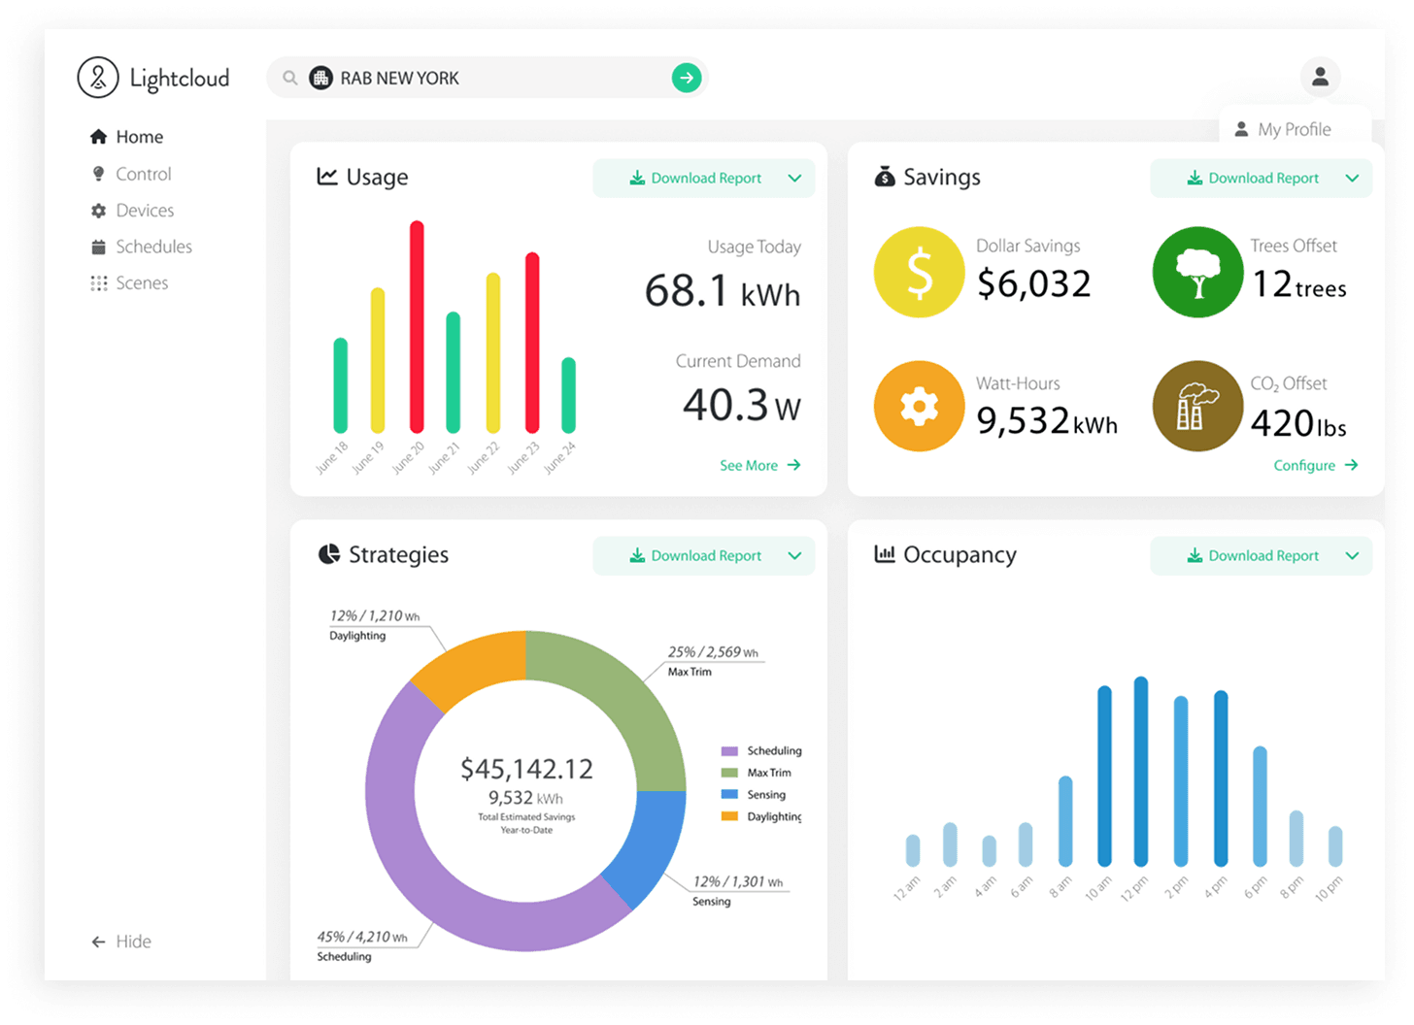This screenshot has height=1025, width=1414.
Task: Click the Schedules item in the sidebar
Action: click(152, 247)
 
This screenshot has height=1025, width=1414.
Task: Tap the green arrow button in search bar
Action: click(687, 78)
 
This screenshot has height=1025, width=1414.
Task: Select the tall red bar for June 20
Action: click(417, 326)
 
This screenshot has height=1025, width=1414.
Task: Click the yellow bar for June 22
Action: click(493, 352)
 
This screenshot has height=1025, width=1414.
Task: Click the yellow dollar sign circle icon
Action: click(919, 272)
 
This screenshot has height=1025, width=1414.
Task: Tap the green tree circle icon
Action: click(1197, 272)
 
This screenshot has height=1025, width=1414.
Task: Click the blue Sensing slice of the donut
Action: click(645, 846)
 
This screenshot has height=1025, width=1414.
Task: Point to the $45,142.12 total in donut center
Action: click(526, 769)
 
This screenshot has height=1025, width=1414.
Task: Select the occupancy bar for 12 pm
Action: click(1141, 772)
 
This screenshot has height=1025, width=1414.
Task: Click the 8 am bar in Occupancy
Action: click(1065, 821)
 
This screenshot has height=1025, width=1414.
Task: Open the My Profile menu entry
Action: click(1294, 129)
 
